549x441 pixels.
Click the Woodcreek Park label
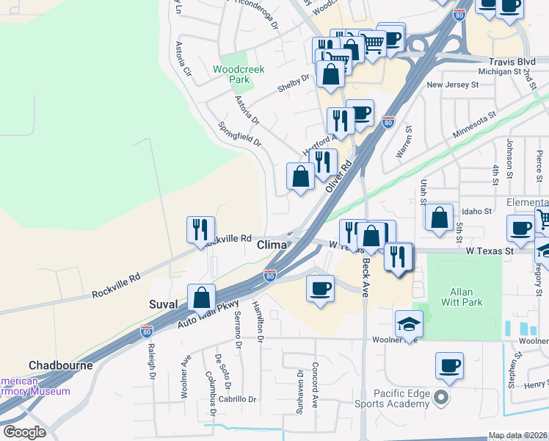tap(237, 73)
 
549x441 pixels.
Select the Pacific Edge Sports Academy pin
tap(440, 398)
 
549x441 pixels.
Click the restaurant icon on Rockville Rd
tap(200, 229)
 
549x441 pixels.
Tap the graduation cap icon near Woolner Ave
tap(409, 323)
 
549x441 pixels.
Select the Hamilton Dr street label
tap(258, 321)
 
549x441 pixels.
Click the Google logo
tap(24, 432)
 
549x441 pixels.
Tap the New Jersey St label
tap(452, 85)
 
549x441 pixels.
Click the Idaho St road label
tap(476, 211)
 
